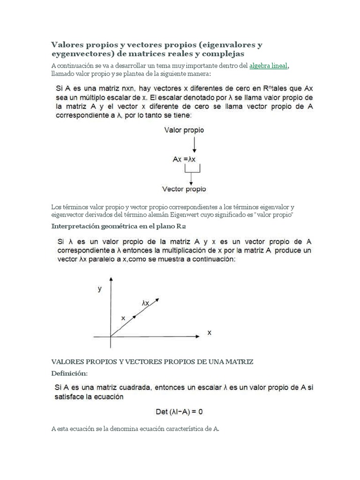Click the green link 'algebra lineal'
pyautogui.click(x=268, y=66)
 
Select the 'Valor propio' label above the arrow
pyautogui.click(x=184, y=130)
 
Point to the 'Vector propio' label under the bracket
pyautogui.click(x=184, y=189)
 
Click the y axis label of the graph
pyautogui.click(x=99, y=289)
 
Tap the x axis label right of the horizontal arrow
pyautogui.click(x=210, y=333)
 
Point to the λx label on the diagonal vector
pyautogui.click(x=145, y=303)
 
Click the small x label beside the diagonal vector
pyautogui.click(x=123, y=318)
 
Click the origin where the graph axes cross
pyautogui.click(x=110, y=336)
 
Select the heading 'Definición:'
pyautogui.click(x=69, y=373)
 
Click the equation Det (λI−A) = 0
pyautogui.click(x=179, y=412)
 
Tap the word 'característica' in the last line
pyautogui.click(x=183, y=429)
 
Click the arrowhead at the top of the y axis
pyautogui.click(x=110, y=279)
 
